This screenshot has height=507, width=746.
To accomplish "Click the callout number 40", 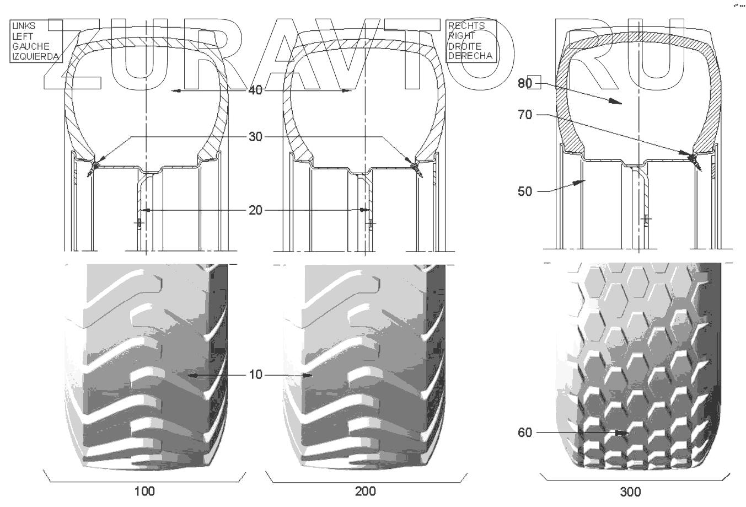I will (255, 90).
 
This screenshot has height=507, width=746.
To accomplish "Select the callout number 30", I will (255, 136).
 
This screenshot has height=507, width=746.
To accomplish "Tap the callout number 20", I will (255, 210).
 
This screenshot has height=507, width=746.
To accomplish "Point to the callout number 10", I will (255, 375).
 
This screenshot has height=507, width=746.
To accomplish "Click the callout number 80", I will (525, 83).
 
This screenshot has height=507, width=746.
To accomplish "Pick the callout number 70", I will (525, 115).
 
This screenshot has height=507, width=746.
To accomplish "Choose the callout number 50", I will (525, 191).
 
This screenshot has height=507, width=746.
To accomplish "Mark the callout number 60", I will (525, 433).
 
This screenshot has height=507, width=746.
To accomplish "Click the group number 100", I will (144, 491).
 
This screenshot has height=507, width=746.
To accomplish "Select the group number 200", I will (366, 491).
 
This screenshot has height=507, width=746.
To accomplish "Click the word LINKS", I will (24, 26).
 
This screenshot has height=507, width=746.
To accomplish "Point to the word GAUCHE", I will (30, 46).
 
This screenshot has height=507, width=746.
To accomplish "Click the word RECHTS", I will (466, 26).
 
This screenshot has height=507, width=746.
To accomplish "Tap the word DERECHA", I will (470, 56).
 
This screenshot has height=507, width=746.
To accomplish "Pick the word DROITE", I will (465, 46).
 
